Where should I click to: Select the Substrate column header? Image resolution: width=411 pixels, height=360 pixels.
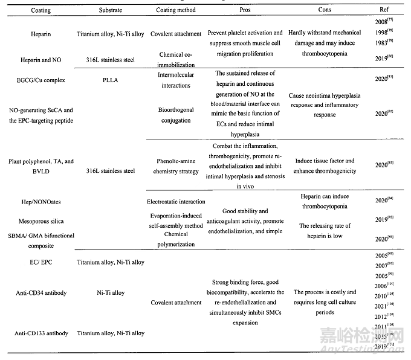(x=112, y=11)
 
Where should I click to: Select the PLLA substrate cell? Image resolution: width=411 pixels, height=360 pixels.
(x=112, y=79)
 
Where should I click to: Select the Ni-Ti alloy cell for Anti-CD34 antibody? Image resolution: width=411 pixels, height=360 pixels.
(x=112, y=293)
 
